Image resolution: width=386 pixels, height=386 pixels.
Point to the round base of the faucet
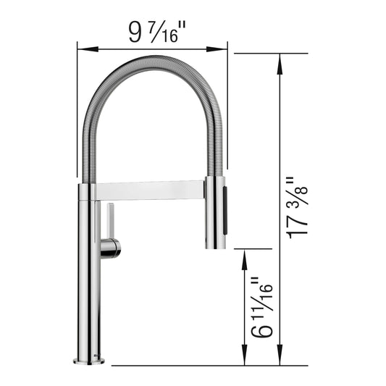(x=89, y=360)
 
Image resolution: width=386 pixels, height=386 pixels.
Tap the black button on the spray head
(x=223, y=210)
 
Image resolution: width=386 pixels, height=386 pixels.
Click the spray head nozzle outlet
(x=216, y=247)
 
